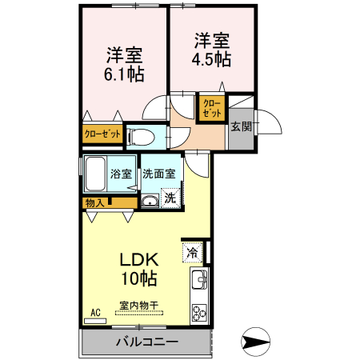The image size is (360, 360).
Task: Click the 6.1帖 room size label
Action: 124,74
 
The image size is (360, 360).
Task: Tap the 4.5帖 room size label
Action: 211,59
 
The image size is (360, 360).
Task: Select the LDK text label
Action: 139,259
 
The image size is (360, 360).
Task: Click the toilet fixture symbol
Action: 142,137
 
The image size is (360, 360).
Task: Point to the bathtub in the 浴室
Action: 95,174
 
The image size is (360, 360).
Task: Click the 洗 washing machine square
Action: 170,198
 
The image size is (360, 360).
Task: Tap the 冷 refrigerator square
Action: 193,253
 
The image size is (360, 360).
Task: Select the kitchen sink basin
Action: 199,279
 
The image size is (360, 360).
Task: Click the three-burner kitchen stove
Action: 199,313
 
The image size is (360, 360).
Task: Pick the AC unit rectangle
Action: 95,321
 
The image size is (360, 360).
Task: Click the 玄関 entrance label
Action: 242,126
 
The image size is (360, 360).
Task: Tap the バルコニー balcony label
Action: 147,342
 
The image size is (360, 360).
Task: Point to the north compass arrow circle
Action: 255,342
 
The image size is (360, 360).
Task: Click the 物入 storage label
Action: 94,203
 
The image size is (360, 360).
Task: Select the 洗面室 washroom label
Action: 159,174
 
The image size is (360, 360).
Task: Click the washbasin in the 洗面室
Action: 150,201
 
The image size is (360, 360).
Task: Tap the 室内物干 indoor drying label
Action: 139,306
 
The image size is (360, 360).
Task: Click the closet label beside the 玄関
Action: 212,108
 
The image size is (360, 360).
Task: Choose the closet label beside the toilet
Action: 102,134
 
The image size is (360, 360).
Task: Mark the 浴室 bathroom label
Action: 121,174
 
